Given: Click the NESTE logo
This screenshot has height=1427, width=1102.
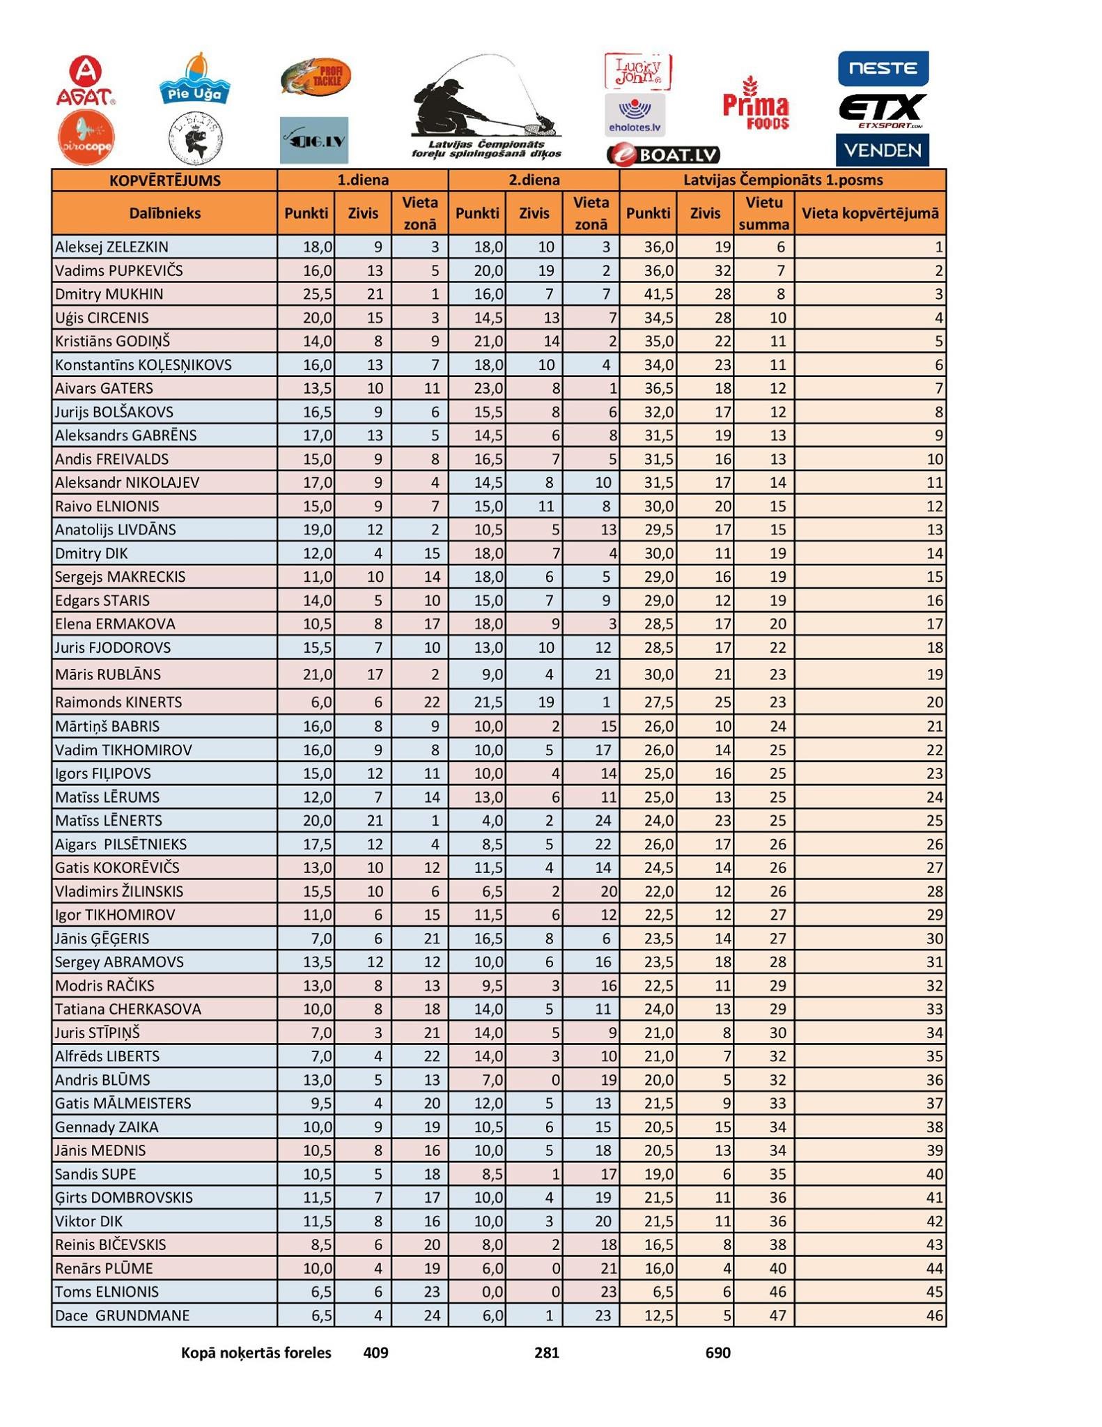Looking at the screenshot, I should [x=883, y=68].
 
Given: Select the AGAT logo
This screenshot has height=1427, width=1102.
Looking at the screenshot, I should [x=86, y=82].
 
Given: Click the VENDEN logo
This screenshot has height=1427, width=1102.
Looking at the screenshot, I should [x=882, y=150].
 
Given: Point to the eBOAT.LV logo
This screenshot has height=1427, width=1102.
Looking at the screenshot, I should [x=663, y=154].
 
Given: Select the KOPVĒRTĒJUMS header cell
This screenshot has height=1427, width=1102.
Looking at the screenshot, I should [x=164, y=180].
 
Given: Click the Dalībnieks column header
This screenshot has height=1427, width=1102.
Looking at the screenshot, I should [x=164, y=213].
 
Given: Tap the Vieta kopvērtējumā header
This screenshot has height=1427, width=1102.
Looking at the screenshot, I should [x=869, y=213].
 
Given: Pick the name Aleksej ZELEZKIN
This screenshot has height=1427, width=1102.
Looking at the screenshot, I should [x=111, y=247].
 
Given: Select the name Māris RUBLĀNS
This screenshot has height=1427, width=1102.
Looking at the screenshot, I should [x=107, y=674].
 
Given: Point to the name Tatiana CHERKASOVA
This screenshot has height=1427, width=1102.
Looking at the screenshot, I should [x=127, y=1009].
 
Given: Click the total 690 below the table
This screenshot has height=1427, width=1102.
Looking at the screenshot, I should [x=717, y=1353].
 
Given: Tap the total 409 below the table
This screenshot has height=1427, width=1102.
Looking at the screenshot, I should [x=375, y=1353].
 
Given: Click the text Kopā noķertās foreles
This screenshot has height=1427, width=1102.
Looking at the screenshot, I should [x=256, y=1353].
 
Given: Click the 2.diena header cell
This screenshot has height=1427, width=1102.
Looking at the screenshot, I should [x=534, y=180].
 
